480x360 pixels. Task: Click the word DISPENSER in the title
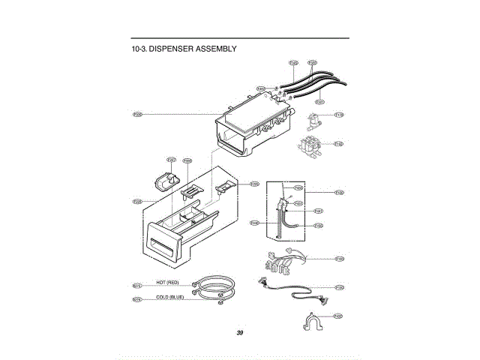coord(169,49)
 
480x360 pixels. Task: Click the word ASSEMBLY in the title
coord(216,49)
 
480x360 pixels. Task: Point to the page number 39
coord(239,332)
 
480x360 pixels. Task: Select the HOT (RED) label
coord(167,282)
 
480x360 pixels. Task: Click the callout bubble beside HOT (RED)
coord(137,285)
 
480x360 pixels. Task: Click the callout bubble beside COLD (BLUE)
coord(137,299)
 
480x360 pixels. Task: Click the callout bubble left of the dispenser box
coord(138,114)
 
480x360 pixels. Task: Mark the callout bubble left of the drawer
coord(137,201)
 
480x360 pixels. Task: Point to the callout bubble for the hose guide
coord(339,316)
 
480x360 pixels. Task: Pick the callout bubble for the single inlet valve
coord(339,115)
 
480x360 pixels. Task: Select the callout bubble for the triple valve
coord(339,144)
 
